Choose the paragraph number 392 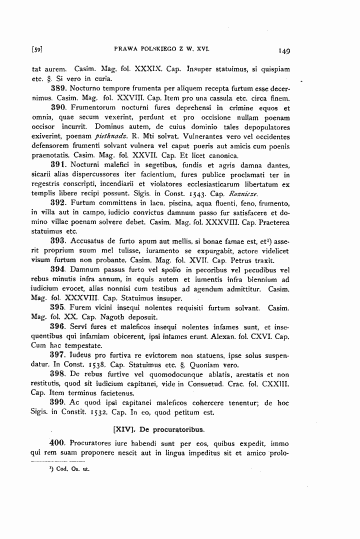(59, 202)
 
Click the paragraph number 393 (59, 240)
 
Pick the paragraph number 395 (59, 307)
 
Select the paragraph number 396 (59, 326)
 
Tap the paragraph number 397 (59, 355)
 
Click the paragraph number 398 (59, 374)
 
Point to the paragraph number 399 (59, 402)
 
